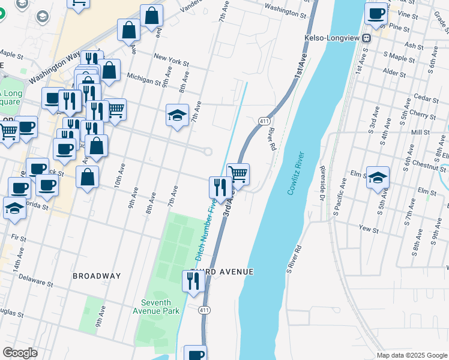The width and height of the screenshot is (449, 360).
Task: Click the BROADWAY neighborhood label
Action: [x=97, y=276]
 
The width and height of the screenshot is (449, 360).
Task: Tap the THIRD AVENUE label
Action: [x=222, y=272]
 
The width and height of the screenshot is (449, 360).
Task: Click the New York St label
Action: [x=171, y=60]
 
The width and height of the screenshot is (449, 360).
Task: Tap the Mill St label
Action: [x=421, y=131]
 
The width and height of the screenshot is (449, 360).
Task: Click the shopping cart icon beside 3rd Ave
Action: [x=238, y=174]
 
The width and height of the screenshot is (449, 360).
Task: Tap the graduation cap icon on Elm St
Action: [x=378, y=178]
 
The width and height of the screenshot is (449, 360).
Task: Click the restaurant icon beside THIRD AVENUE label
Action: [x=193, y=281]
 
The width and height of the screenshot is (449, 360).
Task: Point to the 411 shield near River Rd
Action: [x=263, y=122]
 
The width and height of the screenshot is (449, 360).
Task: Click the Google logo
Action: [x=20, y=353]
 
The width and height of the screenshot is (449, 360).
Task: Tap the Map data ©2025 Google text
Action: [x=411, y=355]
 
